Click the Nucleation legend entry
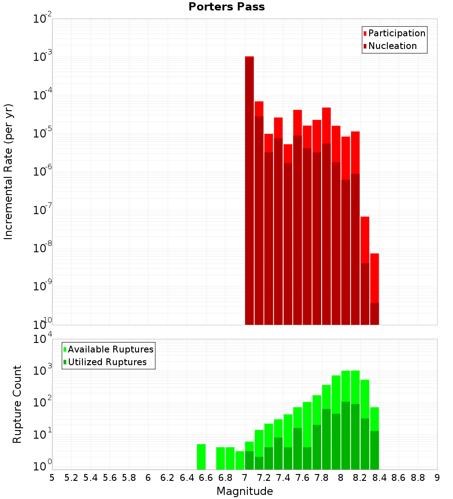(392, 46)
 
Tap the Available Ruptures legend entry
(111, 349)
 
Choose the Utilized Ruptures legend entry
(107, 362)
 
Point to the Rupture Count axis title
(17, 404)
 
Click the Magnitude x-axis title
(245, 491)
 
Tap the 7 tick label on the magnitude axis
(245, 478)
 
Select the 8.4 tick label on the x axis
(379, 478)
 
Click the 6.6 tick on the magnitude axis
(206, 478)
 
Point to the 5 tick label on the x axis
(52, 478)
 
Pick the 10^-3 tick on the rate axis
(43, 57)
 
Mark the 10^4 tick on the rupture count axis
(43, 339)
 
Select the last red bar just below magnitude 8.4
(374, 290)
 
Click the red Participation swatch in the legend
(365, 33)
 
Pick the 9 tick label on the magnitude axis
(437, 478)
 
